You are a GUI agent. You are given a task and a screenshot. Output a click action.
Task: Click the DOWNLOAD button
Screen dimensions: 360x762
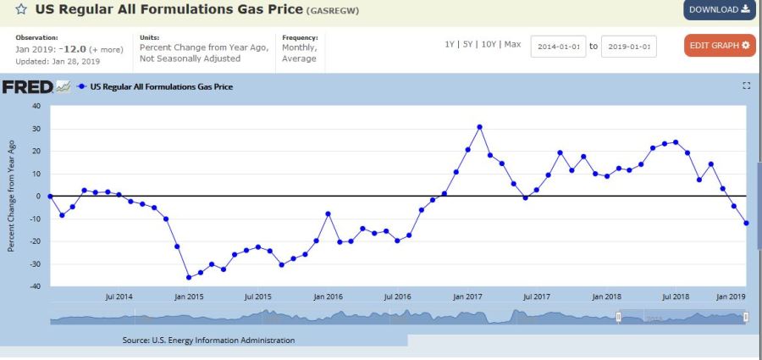(x=719, y=10)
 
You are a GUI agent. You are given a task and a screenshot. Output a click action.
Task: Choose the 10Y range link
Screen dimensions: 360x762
(x=488, y=44)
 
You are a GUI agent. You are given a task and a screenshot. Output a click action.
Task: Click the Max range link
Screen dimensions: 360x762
(x=512, y=44)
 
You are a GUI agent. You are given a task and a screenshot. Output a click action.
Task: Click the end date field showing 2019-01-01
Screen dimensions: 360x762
(x=628, y=46)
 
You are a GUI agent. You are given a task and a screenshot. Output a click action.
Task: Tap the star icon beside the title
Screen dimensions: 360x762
(x=20, y=10)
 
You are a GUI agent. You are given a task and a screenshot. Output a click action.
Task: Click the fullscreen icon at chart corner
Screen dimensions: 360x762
(x=746, y=86)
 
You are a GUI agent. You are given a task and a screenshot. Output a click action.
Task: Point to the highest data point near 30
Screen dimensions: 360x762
(x=479, y=127)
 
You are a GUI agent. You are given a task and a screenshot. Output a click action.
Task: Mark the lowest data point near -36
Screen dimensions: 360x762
(x=189, y=277)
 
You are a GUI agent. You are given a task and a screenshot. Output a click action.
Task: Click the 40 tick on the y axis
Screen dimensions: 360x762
(x=36, y=106)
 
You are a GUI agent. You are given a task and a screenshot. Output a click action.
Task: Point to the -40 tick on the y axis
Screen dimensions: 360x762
(x=36, y=286)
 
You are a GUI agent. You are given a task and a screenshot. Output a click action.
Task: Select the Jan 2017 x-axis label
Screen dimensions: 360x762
(x=467, y=297)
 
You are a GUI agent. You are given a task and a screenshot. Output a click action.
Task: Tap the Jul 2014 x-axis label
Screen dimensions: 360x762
(x=119, y=297)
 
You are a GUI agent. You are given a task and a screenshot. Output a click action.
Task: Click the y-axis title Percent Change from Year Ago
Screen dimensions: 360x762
(x=11, y=197)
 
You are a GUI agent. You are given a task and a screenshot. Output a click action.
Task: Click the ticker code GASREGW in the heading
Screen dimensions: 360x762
(x=334, y=11)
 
